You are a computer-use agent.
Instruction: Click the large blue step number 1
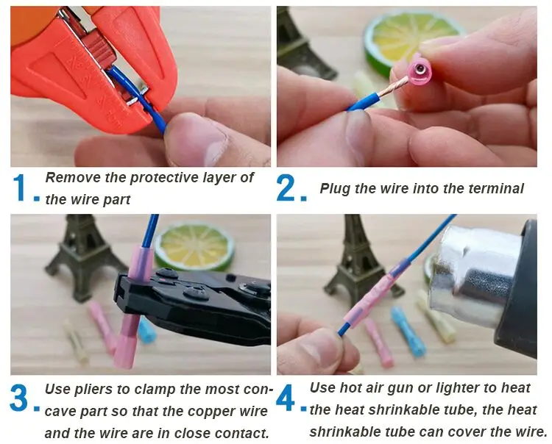(x=20, y=188)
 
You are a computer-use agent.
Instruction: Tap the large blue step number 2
(x=285, y=188)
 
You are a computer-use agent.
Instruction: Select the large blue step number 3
(x=18, y=398)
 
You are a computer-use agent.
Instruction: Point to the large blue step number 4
(x=285, y=397)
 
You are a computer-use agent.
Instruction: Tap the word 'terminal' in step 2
(x=495, y=189)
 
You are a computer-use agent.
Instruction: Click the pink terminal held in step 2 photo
(x=418, y=71)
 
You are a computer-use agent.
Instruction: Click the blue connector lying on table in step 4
(x=408, y=331)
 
